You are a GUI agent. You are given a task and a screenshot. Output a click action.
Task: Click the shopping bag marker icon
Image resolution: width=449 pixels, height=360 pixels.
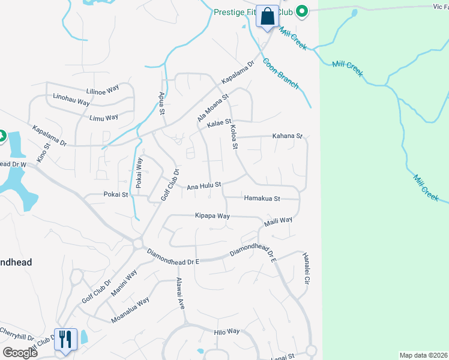point(267,16)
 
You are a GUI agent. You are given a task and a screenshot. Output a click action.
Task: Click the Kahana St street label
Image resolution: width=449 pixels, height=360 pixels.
point(288,136)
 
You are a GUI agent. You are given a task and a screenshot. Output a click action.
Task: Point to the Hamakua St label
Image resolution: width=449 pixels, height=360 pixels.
point(262,198)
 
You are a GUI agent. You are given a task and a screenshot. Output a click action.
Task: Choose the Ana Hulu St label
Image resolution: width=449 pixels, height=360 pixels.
point(204,186)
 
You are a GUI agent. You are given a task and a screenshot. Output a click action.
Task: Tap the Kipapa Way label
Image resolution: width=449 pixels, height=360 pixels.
point(212,215)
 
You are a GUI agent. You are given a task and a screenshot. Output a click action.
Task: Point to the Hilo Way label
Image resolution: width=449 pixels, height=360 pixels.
point(226,331)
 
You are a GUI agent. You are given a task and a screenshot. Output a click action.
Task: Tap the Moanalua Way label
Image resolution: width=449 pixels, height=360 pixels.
point(130,310)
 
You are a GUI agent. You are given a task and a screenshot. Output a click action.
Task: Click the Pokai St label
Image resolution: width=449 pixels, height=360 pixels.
point(116,194)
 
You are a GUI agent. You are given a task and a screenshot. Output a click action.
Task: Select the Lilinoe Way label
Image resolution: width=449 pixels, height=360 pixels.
point(103,91)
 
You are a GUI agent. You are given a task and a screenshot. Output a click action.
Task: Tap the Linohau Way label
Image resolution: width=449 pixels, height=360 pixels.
point(71,100)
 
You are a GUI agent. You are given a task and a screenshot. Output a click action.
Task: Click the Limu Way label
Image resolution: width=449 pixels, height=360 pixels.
point(104,118)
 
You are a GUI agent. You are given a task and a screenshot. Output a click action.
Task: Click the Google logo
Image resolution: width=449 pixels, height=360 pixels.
point(20,353)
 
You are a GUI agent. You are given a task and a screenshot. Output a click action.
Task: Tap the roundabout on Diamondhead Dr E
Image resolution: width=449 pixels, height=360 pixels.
point(138,244)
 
